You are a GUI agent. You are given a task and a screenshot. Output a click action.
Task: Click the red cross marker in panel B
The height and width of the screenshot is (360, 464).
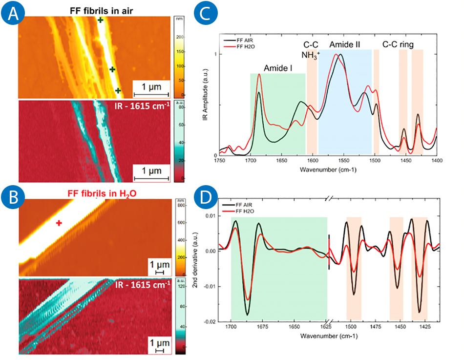59,223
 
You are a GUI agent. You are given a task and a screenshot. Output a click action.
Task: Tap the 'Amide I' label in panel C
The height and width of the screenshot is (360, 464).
278,68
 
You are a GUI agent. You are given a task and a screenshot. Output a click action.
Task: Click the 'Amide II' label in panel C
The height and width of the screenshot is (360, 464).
345,45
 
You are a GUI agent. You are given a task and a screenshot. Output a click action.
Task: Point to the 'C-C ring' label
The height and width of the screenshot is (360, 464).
398,45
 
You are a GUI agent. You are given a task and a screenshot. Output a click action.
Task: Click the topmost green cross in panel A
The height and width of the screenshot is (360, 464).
100,20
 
